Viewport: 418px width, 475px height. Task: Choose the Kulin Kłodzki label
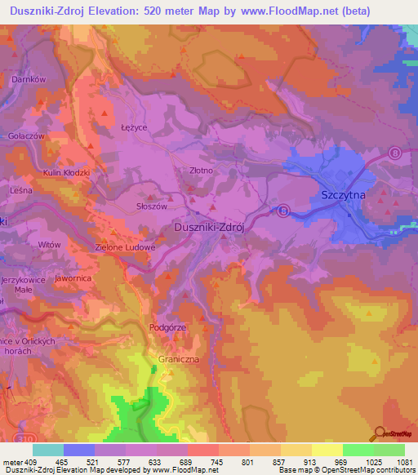pyautogui.click(x=66, y=174)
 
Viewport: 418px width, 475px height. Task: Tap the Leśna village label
pyautogui.click(x=20, y=190)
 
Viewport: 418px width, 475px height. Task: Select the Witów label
pyautogui.click(x=50, y=244)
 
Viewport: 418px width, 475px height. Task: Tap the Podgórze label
pyautogui.click(x=167, y=327)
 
